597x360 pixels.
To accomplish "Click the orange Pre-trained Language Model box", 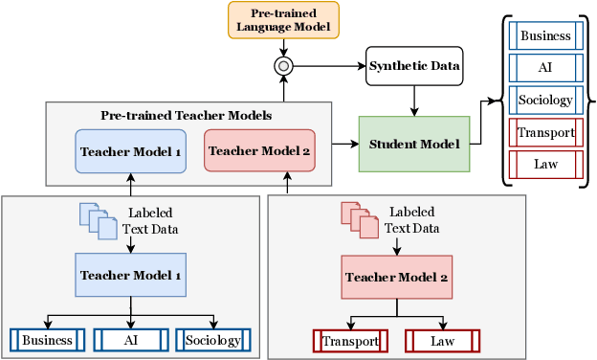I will point(283,20).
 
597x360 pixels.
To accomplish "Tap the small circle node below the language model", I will point(283,65).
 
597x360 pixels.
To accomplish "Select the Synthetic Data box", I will point(414,65).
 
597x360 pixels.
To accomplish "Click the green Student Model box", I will point(414,144).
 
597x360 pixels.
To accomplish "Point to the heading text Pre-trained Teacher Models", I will point(187,115).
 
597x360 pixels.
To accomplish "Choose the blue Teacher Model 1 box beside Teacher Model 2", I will point(131,151).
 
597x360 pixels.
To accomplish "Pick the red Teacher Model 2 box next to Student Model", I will point(259,150).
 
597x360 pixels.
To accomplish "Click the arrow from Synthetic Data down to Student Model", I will point(414,100).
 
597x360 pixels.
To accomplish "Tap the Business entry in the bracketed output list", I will point(545,36).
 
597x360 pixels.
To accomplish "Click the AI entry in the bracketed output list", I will point(545,68).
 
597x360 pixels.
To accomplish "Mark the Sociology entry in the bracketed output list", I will point(545,100).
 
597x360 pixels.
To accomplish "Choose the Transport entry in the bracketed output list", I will point(545,132).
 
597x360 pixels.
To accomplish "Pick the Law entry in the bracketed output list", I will point(545,164).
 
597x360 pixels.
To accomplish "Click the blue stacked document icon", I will point(95,219).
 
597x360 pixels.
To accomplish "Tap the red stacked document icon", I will point(358,219).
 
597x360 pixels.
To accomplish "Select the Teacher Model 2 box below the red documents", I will point(397,278).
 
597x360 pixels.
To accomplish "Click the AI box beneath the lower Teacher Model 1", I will point(131,340).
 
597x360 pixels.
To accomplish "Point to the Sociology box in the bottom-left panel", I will point(213,340).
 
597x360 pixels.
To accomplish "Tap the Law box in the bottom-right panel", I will point(442,341).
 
